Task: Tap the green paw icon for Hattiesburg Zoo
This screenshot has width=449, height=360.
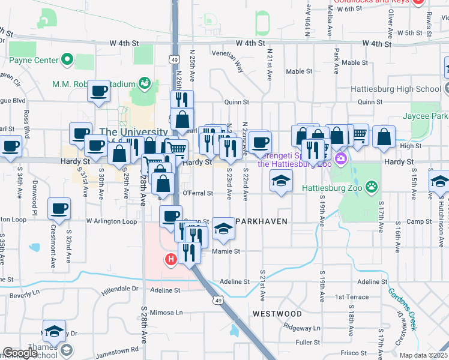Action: (x=373, y=186)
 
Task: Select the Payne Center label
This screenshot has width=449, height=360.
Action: (x=34, y=60)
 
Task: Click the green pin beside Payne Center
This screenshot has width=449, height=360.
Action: (x=67, y=60)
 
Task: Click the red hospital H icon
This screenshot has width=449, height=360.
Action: (x=171, y=259)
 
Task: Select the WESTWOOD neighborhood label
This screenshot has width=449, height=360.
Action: (x=277, y=314)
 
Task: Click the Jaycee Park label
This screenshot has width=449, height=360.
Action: (x=424, y=115)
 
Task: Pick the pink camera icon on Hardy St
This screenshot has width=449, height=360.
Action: (x=341, y=158)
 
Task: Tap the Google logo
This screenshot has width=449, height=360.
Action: (x=20, y=353)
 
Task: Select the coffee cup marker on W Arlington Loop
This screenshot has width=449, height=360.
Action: (x=59, y=209)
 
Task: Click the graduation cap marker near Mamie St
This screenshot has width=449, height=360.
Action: (x=223, y=229)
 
